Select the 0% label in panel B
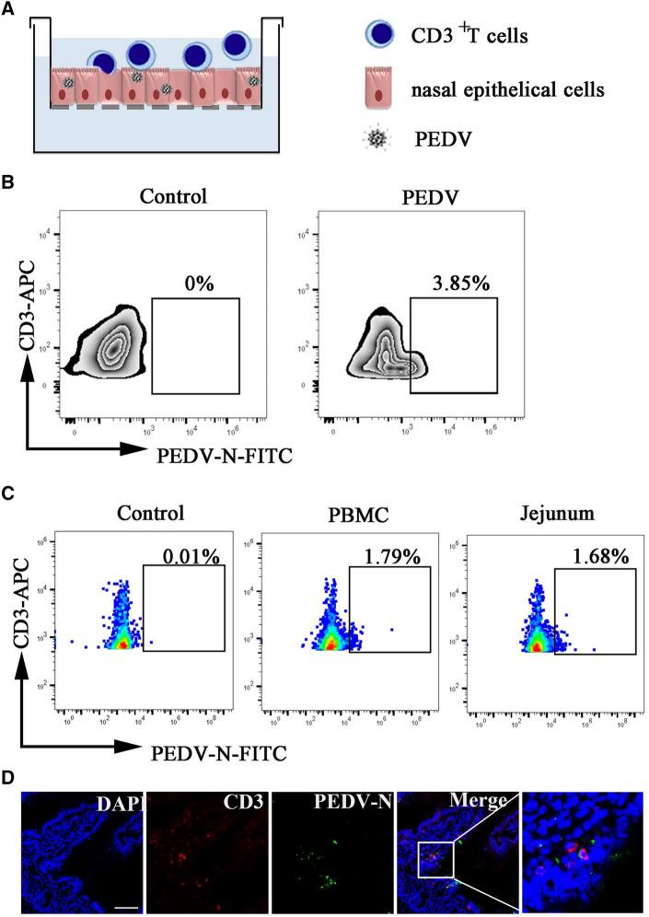pyautogui.click(x=197, y=284)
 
